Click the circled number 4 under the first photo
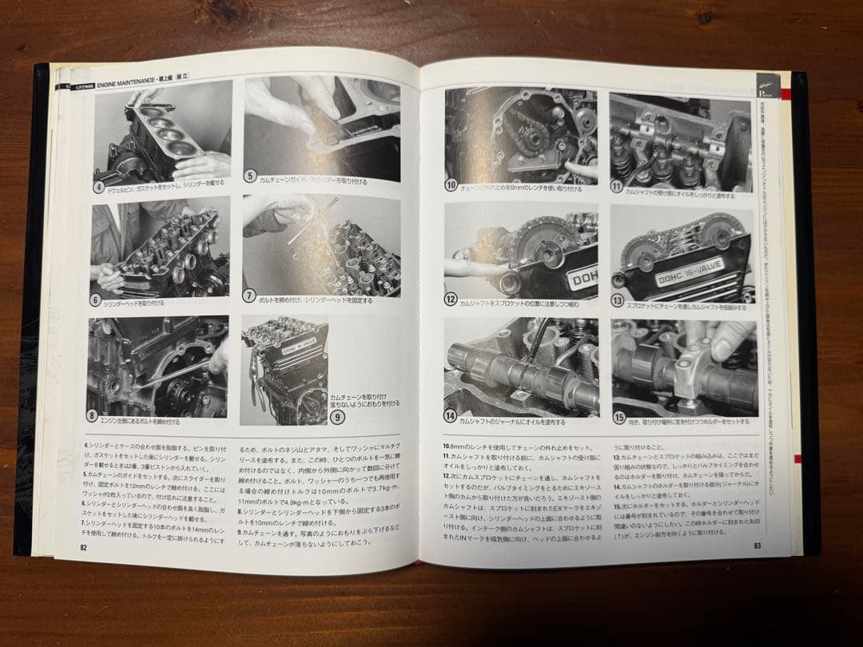pos(100,189)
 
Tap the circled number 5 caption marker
pos(250,177)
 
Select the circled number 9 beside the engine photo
pos(338,416)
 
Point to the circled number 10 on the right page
pos(451,185)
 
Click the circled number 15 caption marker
pos(619,417)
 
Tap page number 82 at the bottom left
pos(83,547)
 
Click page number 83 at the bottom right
pos(757,546)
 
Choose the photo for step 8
pos(157,366)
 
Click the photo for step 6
pos(160,249)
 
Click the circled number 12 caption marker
pos(451,300)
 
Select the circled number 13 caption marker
pos(618,301)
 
